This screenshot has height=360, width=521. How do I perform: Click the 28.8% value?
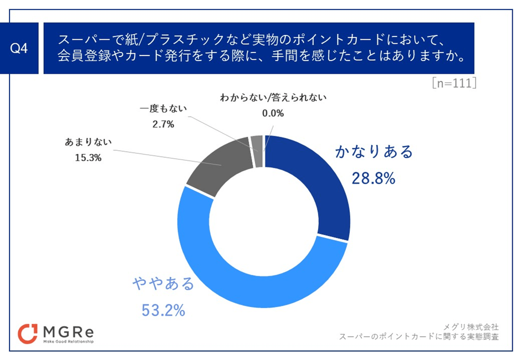pos(373,178)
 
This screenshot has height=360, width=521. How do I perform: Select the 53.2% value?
pos(164,311)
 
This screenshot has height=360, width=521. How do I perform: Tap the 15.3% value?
pos(88,157)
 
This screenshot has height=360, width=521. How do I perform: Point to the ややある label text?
pos(164,284)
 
